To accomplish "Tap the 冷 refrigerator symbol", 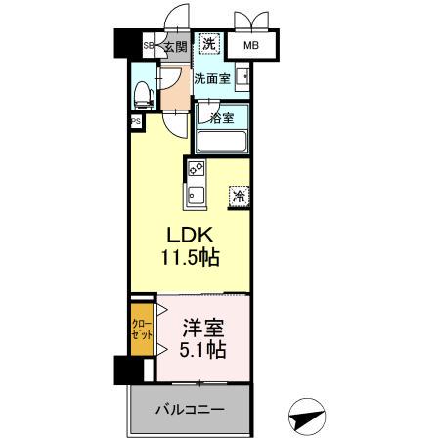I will [239, 196].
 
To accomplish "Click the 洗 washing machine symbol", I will [208, 43].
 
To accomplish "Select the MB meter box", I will [250, 44].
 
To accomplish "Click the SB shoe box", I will [149, 45].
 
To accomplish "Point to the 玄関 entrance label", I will [173, 45].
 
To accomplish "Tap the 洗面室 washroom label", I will [211, 79].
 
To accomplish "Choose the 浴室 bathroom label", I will [221, 118].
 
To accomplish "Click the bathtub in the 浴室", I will [223, 140].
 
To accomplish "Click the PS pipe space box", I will [135, 122].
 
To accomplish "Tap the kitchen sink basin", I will [194, 193].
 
